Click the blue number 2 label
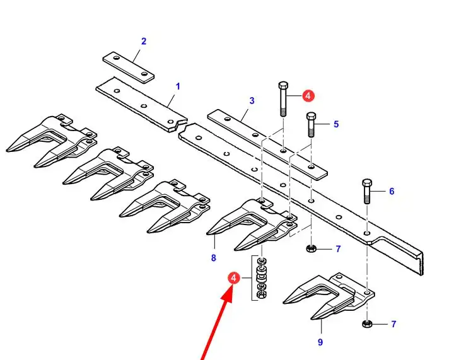click(144, 42)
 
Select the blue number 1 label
click(178, 86)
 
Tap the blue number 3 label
click(252, 101)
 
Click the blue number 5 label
click(336, 124)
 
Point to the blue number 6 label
click(392, 191)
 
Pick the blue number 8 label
click(213, 258)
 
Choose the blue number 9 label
click(320, 342)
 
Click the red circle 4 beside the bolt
click(308, 95)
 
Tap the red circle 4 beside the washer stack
click(234, 278)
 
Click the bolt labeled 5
click(311, 124)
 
